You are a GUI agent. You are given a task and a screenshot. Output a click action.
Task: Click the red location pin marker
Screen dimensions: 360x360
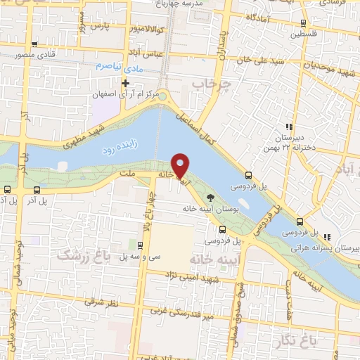tap(181, 165)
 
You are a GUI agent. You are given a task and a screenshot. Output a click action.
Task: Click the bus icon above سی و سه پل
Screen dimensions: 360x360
tap(140, 245)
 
